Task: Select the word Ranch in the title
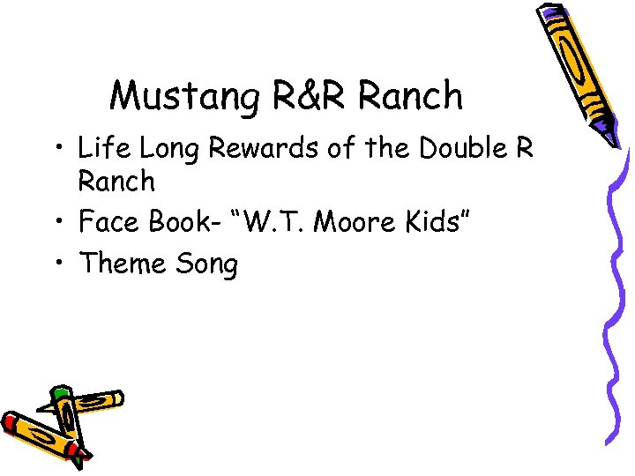413,95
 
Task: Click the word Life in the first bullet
102,147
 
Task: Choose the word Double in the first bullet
466,147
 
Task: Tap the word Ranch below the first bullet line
116,182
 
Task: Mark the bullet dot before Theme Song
58,262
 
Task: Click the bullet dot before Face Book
58,221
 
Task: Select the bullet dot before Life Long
58,147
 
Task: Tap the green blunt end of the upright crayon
59,390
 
